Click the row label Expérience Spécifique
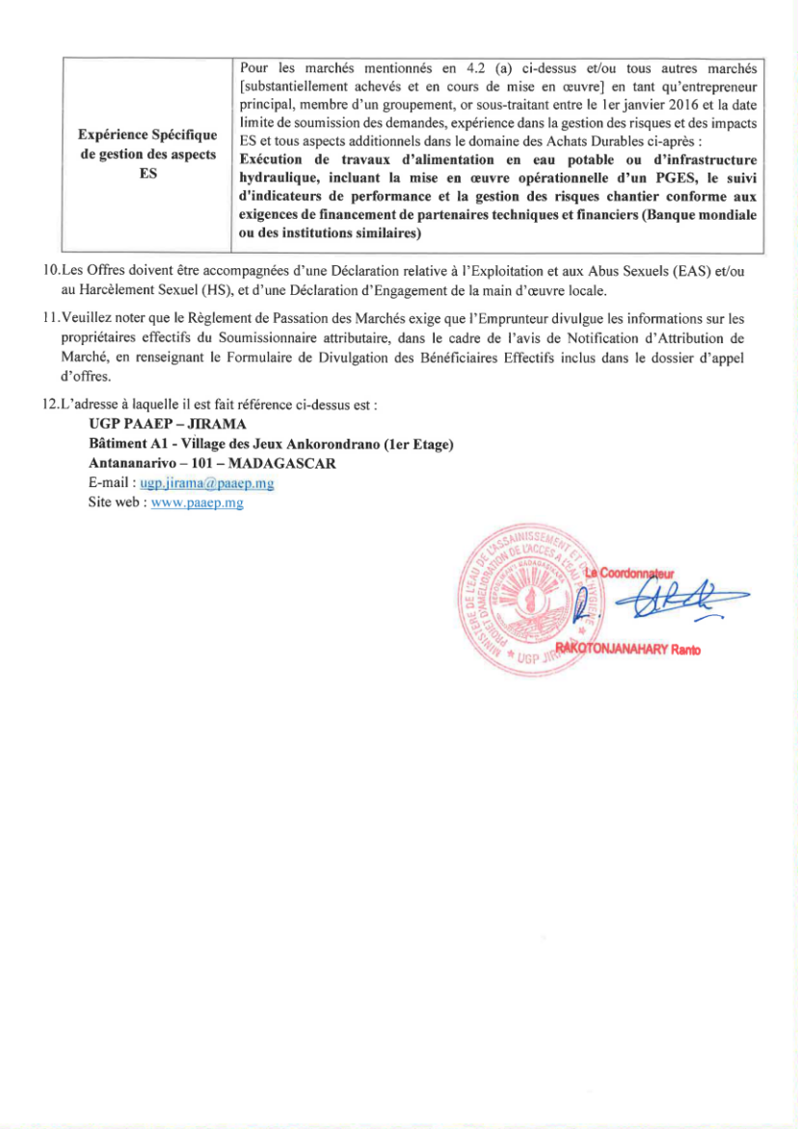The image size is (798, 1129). click(x=147, y=136)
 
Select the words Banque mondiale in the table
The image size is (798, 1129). click(x=703, y=215)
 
